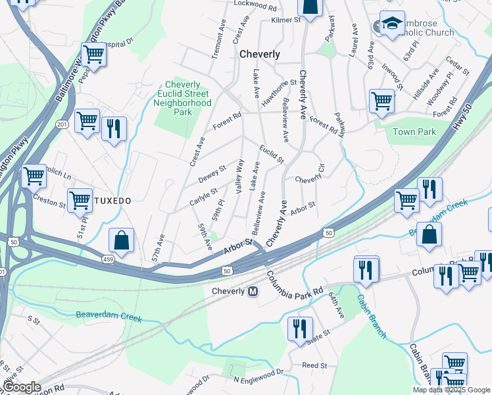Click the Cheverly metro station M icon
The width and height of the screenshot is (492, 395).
pyautogui.click(x=253, y=292)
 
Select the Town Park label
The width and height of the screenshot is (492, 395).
pyautogui.click(x=414, y=132)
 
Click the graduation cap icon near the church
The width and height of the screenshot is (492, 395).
pyautogui.click(x=392, y=25)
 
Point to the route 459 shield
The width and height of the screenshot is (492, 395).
pyautogui.click(x=107, y=261)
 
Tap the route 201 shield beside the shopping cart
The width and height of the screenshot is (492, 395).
pyautogui.click(x=62, y=124)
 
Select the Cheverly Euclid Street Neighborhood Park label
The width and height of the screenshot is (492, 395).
pyautogui.click(x=187, y=98)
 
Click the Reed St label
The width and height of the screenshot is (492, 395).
pyautogui.click(x=314, y=365)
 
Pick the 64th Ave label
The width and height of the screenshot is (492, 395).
pyautogui.click(x=336, y=306)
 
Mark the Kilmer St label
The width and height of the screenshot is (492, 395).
pyautogui.click(x=285, y=20)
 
